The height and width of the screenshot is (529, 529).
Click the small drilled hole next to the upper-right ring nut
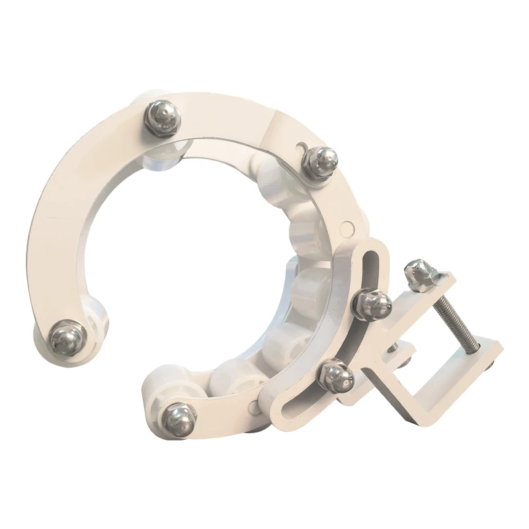coord(301,142)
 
